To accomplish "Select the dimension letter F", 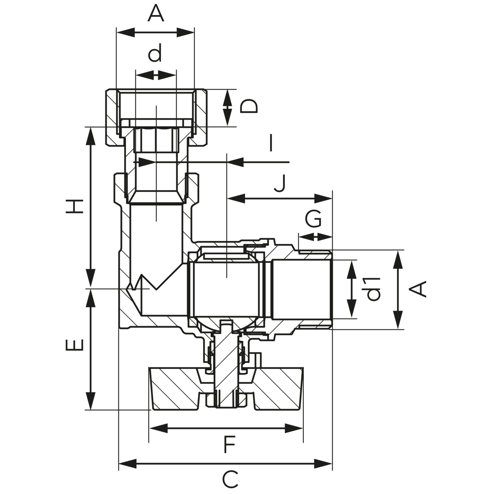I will [x=230, y=445].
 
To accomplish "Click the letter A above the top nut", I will [x=156, y=14].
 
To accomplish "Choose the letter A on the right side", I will [x=418, y=289].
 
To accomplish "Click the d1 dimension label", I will [x=373, y=289].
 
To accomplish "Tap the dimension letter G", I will [x=313, y=220].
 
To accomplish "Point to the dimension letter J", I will [x=281, y=183].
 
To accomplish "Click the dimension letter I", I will [x=271, y=143].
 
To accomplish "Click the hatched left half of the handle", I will [x=176, y=388].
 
